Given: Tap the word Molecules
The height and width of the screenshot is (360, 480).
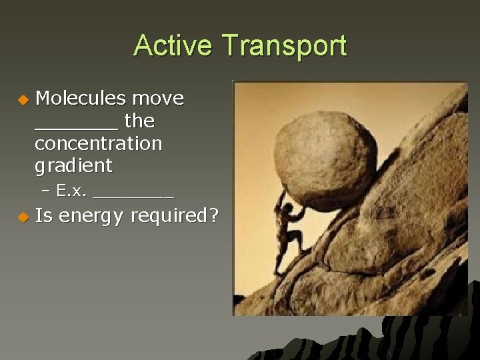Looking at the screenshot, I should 80,99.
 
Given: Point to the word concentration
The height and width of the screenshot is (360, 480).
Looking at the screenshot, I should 98,143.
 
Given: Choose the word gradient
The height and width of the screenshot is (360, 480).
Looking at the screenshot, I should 73,165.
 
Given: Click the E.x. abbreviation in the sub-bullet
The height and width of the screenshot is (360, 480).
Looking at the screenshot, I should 72,191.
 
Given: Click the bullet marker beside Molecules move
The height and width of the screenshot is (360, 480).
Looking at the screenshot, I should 23,100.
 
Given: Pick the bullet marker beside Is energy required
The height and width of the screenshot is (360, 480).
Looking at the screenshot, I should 23,217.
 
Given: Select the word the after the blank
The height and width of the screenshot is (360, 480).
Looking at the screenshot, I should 139,121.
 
